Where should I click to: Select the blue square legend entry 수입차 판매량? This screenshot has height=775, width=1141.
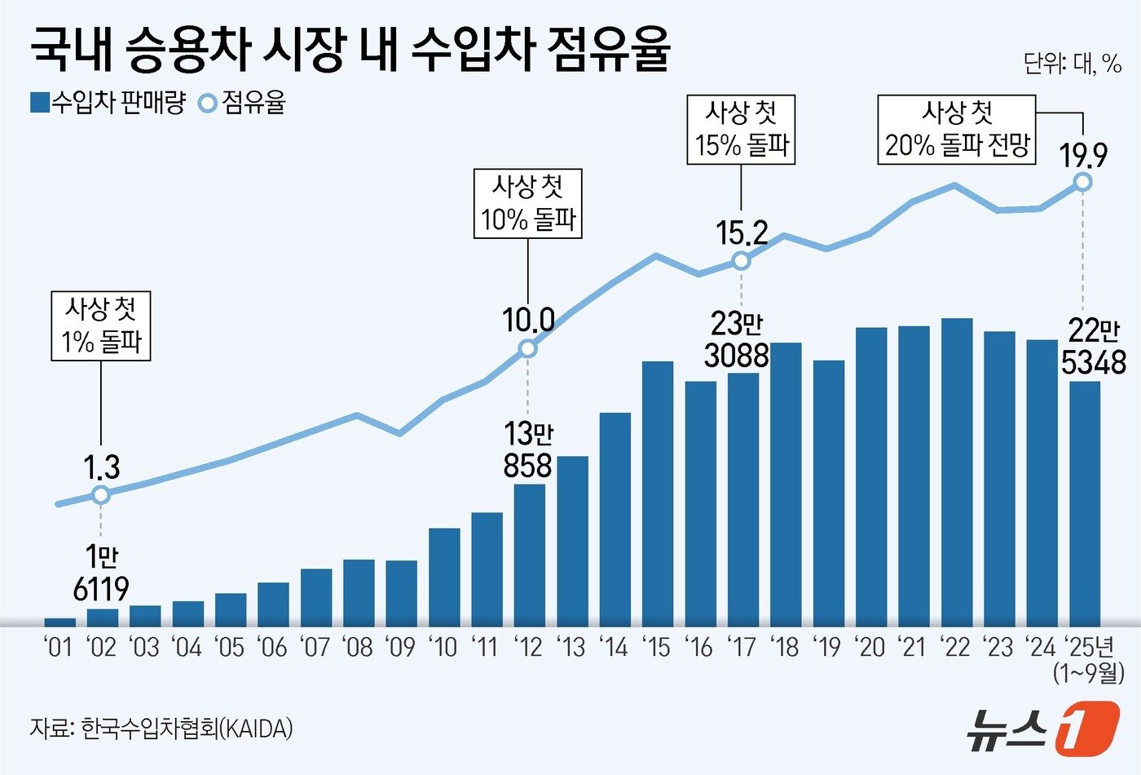108,103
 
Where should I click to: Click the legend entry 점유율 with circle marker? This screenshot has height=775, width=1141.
243,103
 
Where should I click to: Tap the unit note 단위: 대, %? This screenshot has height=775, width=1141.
1072,63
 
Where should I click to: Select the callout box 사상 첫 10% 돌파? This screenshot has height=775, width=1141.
528,204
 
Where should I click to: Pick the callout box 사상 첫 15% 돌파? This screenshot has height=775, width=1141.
741,130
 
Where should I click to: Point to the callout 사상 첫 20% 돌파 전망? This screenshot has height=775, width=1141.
957,130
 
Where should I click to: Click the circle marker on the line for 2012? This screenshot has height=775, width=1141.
528,349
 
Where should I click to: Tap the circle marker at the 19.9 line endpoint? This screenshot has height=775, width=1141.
1083,182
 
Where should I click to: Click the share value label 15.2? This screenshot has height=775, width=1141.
742,234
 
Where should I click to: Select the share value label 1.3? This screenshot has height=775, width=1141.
102,468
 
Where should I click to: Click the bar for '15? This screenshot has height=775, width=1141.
658,493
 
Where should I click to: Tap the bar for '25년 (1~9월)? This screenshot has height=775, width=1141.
1084,503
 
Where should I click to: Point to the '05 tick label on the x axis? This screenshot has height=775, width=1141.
230,648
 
